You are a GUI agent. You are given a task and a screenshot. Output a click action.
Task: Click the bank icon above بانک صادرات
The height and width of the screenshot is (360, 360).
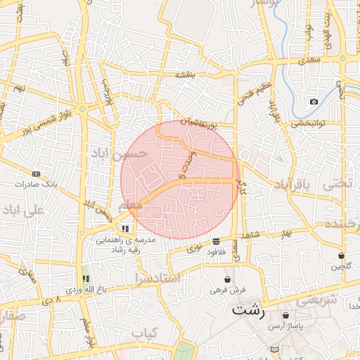[37, 174]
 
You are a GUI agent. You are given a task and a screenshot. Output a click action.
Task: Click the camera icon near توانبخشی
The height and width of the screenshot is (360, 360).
[313, 102]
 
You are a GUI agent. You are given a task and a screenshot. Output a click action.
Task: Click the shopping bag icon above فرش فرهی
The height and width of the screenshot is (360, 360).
[227, 279]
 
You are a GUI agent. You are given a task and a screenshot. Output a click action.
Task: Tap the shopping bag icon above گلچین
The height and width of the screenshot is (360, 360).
[341, 255]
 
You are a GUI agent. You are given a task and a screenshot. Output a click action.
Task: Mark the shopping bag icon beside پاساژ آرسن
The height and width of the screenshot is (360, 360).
[285, 315]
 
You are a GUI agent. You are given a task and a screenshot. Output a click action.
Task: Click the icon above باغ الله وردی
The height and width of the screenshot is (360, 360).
[86, 279]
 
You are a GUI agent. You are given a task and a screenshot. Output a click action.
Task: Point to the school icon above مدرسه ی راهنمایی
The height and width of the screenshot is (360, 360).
[125, 229]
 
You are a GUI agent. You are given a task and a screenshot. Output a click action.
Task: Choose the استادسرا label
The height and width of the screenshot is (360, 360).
[157, 279]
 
